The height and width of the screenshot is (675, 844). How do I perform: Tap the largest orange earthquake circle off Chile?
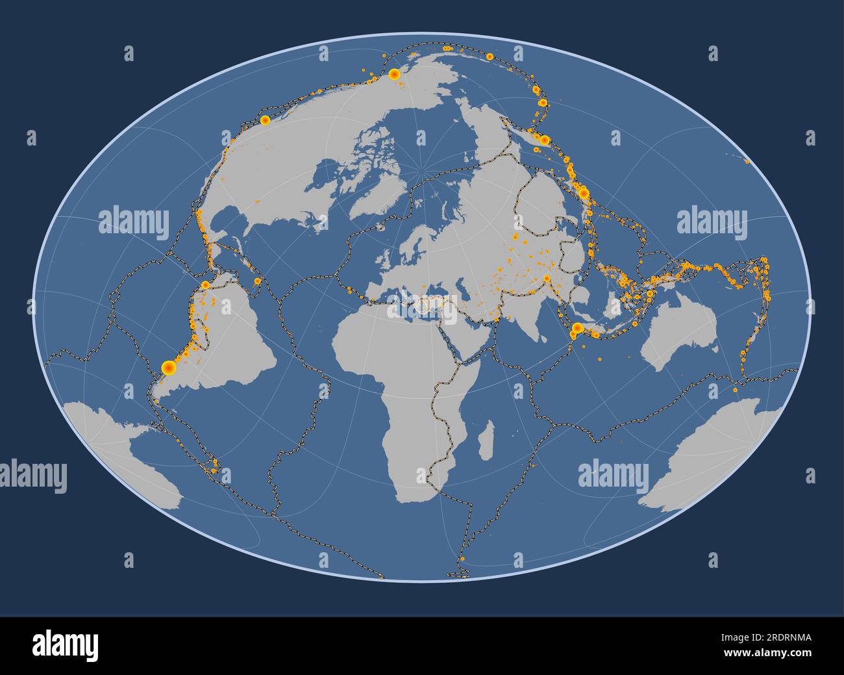[168, 368]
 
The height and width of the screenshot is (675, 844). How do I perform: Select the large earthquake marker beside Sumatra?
[576, 328]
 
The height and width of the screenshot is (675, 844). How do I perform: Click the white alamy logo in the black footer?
[65, 644]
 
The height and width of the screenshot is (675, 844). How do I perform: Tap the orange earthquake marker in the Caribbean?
[256, 281]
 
